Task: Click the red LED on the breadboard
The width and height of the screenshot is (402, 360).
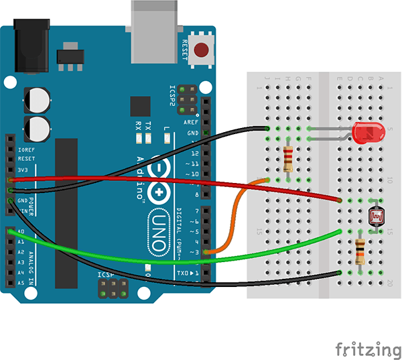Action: (365, 133)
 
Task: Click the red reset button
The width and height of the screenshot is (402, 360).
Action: (200, 50)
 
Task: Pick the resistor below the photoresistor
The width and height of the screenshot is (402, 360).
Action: (360, 251)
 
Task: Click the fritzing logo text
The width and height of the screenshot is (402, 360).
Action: (368, 349)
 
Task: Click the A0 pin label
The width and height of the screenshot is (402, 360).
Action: (21, 231)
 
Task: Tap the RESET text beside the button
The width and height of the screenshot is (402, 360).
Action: (186, 50)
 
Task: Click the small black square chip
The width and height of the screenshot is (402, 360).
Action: (140, 106)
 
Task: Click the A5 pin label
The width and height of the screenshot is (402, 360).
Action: (21, 283)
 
